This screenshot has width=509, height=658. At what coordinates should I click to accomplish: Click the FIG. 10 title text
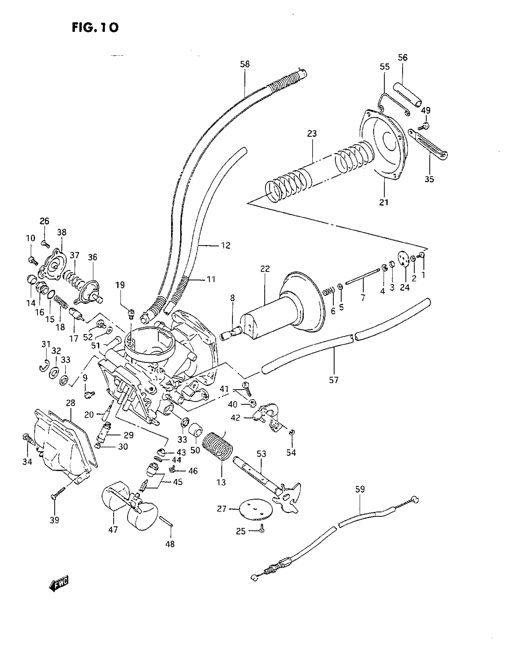coord(95,28)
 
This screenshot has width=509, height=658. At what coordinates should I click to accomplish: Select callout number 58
coord(245,64)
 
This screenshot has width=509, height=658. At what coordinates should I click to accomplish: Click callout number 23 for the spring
coord(312,133)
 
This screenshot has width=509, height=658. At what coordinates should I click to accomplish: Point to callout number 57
coord(334,380)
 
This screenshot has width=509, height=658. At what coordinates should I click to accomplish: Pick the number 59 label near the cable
coord(360,489)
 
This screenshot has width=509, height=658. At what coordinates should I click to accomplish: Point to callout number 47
coord(113,530)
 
